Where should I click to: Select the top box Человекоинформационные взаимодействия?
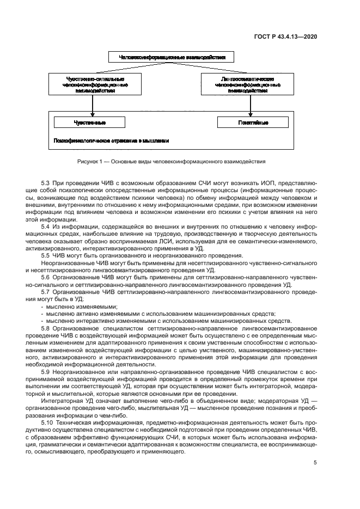click(172, 57)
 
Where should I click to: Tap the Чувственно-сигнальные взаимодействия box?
click(93, 85)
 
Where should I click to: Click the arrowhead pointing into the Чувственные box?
click(93, 115)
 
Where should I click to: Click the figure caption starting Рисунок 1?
click(172, 161)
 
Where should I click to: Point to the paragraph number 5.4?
click(46, 225)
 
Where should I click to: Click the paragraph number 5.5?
click(46, 255)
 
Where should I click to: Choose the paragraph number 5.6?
click(46, 277)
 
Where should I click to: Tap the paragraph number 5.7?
click(46, 292)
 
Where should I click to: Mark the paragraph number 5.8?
click(46, 328)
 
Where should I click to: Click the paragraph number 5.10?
click(47, 422)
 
